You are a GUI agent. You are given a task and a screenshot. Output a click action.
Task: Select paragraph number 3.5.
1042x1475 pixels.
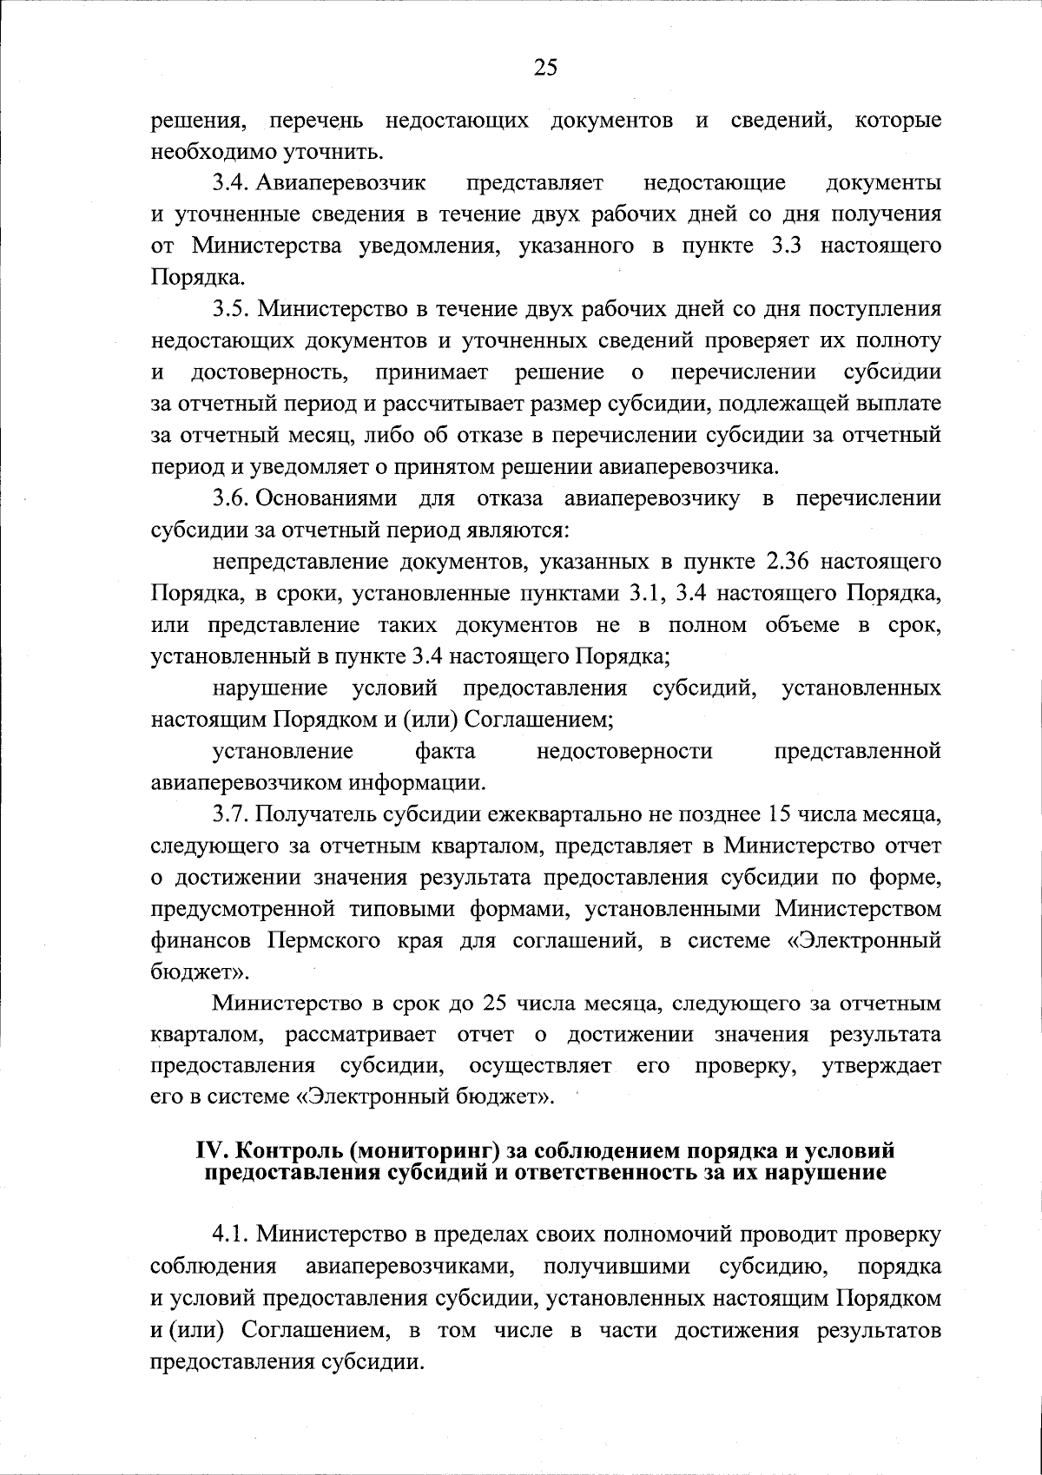[x=232, y=309]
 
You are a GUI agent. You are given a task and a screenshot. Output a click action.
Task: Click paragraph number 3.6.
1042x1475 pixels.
[x=232, y=498]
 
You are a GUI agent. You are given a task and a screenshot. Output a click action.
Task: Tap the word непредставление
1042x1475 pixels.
[x=300, y=562]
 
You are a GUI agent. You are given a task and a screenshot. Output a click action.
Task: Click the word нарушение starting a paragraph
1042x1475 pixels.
[x=269, y=688]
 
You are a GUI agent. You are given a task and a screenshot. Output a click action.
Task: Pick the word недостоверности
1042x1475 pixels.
[x=625, y=751]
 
